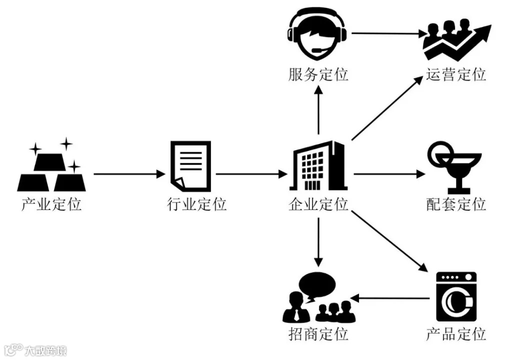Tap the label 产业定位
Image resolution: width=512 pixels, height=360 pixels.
(51, 204)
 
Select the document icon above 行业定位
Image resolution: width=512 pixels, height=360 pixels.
(190, 164)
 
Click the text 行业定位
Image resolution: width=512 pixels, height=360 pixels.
(196, 204)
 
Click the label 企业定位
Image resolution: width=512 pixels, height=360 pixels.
(318, 204)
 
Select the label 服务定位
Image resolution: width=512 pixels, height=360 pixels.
(318, 75)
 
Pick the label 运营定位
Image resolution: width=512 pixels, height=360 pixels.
(456, 75)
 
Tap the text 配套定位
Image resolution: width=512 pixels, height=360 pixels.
(456, 204)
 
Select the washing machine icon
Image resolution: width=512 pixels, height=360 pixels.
(456, 296)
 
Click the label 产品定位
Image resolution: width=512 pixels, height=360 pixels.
(456, 334)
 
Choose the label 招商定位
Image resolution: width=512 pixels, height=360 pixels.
(318, 334)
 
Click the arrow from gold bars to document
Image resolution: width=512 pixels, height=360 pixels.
(129, 174)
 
